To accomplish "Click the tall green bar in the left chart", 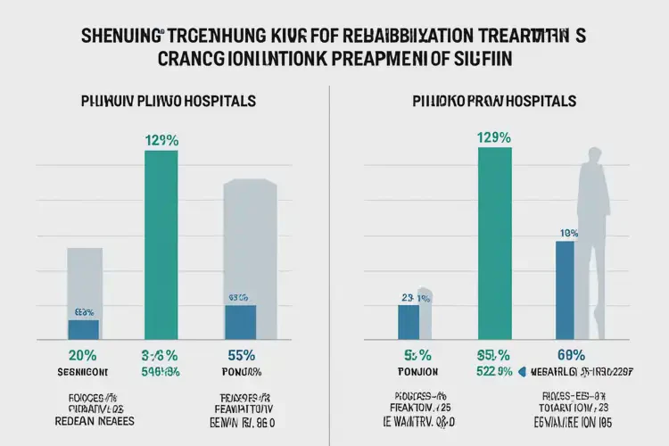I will click(x=161, y=244).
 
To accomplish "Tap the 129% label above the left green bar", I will click(x=161, y=139).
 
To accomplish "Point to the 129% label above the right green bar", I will click(x=494, y=137).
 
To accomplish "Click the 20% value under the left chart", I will click(x=83, y=354).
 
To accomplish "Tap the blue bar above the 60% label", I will click(x=565, y=289).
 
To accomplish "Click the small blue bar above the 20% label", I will click(x=84, y=328).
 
